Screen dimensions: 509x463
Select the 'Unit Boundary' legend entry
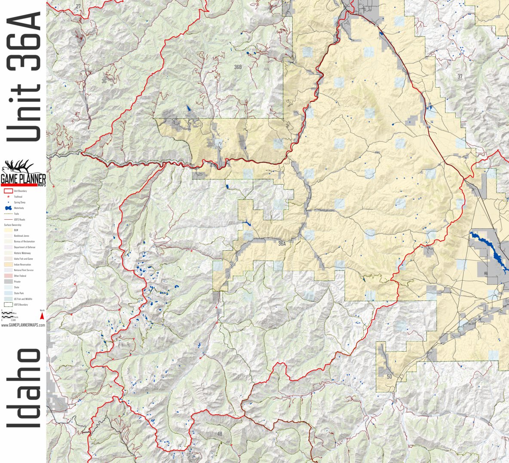20,191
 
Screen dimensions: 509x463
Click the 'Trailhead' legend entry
18,196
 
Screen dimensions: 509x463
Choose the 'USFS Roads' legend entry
19,219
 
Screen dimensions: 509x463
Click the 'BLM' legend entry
16,230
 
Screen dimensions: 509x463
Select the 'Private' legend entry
17,282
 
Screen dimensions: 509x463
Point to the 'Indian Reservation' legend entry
21,264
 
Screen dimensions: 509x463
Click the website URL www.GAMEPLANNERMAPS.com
23,325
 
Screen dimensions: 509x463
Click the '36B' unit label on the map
238,67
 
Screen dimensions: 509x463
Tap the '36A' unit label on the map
282,244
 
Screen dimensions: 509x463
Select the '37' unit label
460,77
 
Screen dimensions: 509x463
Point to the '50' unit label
389,377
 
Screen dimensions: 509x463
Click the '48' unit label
220,434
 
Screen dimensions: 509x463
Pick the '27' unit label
78,6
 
